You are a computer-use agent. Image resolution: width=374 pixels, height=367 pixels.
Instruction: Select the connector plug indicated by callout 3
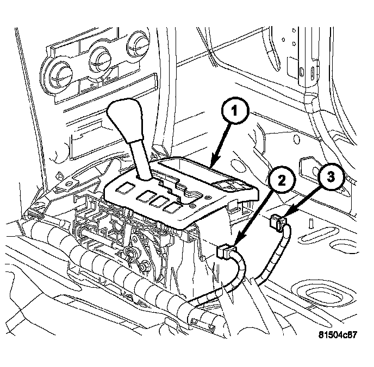(278, 222)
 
